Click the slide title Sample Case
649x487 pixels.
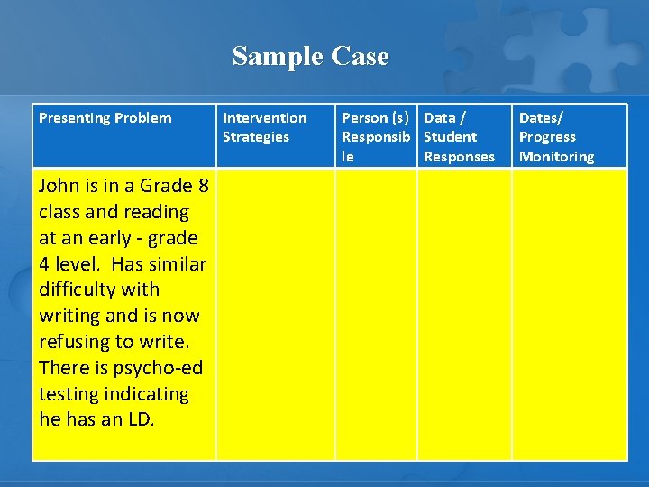coord(310,56)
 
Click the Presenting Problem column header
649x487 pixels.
coord(105,118)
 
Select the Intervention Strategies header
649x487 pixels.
coord(264,127)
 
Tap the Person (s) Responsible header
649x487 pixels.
coord(376,137)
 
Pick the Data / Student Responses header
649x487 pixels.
coord(458,137)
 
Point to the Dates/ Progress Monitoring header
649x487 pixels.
coord(556,137)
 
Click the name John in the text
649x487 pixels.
coord(59,187)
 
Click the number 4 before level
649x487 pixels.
coord(45,265)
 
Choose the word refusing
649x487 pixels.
coord(74,343)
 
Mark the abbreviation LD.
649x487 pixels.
coord(142,420)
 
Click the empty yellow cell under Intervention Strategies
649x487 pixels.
coord(276,316)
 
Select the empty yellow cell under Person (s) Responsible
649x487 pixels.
coord(376,316)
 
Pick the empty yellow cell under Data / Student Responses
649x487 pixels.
coord(463,316)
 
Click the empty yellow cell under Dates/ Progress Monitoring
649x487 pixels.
coord(569,316)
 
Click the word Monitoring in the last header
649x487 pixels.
coord(556,157)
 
